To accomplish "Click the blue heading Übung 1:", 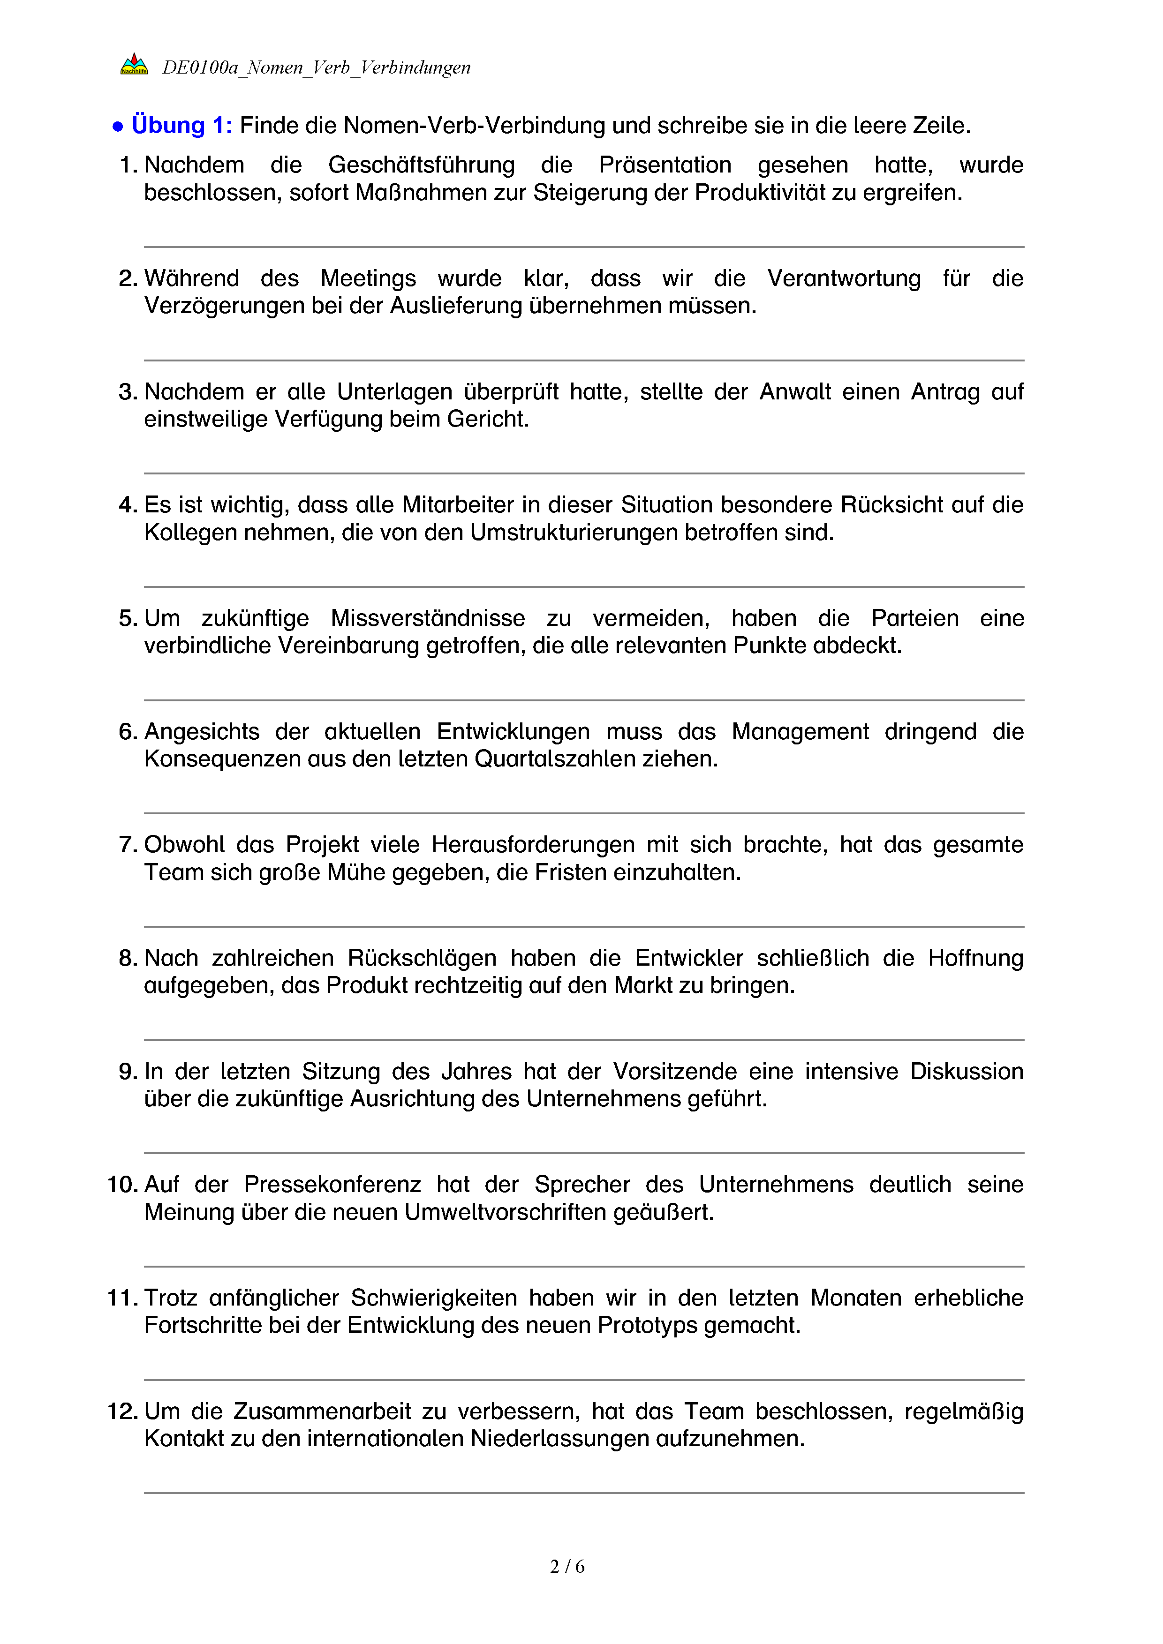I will pos(182,125).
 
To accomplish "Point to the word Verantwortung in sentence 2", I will pos(844,278).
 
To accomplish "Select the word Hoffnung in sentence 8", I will pos(975,958).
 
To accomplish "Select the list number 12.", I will pos(122,1411).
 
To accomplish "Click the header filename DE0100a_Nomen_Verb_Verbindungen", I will pos(317,68).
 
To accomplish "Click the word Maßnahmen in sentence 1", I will pos(416,193).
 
